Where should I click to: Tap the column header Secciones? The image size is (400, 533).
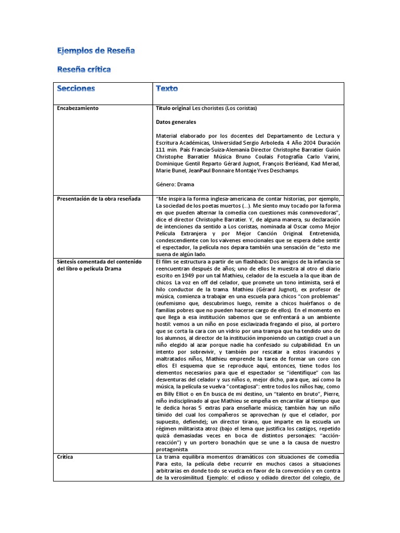[x=76, y=88]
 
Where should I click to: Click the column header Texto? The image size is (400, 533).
[x=167, y=88]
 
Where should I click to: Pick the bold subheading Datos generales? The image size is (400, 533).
[x=176, y=122]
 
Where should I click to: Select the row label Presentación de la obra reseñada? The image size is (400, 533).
[x=98, y=199]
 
